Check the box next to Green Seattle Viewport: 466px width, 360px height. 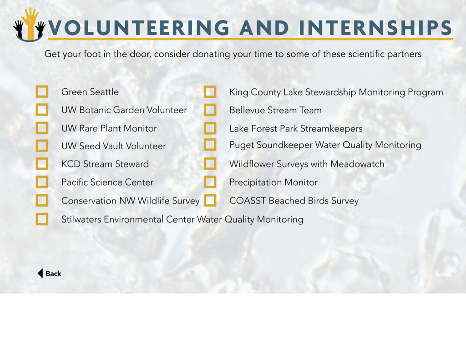42,91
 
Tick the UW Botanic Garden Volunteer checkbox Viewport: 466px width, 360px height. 42,110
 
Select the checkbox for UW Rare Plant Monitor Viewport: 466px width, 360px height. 42,128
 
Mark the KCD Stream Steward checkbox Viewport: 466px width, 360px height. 42,164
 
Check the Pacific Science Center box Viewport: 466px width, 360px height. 42,182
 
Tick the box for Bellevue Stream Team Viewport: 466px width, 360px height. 210,110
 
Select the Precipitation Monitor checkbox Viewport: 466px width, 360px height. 210,182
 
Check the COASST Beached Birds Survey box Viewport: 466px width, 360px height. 210,200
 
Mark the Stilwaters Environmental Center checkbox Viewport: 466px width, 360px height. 42,219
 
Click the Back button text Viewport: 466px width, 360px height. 53,274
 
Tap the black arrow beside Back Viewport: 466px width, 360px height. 40,274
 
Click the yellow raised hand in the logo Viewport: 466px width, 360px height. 30,24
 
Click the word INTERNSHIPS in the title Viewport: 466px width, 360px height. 375,28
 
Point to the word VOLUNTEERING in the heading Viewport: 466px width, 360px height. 139,28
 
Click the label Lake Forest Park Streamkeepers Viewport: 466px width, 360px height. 296,129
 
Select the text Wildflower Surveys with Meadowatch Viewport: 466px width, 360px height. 307,164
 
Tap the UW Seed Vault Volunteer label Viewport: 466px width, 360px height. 113,146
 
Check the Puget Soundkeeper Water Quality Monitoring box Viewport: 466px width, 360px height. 210,145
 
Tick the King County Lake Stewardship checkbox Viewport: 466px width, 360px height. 210,92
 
